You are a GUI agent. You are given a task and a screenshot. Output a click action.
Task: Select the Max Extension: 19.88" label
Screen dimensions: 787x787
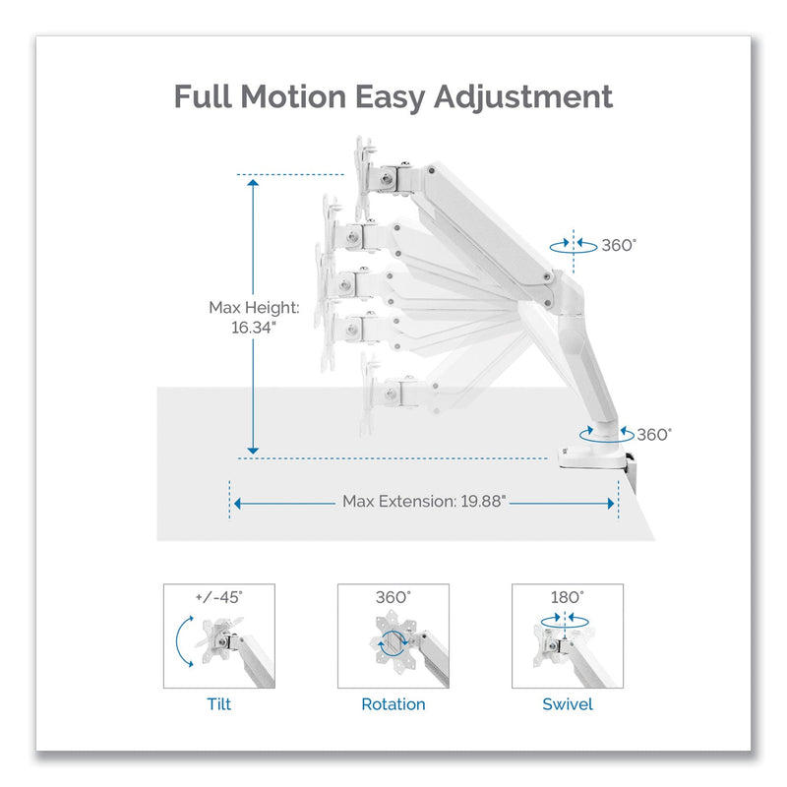(x=424, y=501)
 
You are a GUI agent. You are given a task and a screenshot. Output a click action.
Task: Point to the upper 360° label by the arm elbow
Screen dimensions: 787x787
(x=619, y=245)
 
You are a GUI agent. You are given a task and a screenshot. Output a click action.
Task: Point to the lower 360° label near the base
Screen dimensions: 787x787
(x=653, y=433)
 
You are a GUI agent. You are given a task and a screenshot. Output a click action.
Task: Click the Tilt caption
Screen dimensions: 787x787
(x=218, y=704)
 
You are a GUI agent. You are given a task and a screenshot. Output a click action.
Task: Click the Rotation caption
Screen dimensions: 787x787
(x=393, y=704)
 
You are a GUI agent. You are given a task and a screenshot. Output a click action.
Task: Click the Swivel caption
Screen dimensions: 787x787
(x=568, y=704)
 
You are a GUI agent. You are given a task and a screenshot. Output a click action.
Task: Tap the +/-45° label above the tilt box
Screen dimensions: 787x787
(x=218, y=596)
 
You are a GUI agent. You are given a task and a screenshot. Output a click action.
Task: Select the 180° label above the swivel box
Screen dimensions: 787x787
(x=568, y=596)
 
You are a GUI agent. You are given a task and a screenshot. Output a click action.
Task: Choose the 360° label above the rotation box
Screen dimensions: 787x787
(x=393, y=596)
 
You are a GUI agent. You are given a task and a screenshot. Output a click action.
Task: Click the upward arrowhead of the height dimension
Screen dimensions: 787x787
(x=253, y=183)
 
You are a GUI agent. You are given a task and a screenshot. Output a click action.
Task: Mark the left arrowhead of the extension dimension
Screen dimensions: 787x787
(x=236, y=502)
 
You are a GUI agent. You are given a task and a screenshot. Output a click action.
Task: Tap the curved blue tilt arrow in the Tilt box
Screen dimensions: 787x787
(x=183, y=639)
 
